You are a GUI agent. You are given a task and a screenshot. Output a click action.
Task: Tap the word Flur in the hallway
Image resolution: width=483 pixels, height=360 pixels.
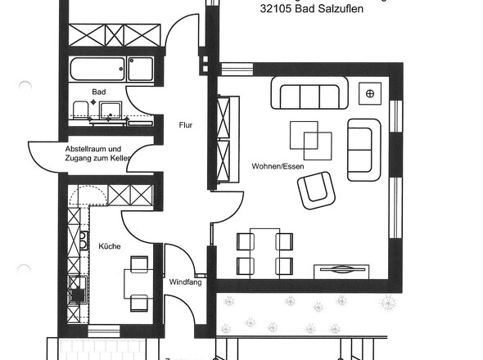[185, 125]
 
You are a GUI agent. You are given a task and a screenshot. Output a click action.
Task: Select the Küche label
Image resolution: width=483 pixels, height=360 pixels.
[110, 245]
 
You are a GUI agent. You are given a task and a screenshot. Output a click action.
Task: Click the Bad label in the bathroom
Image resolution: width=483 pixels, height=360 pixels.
[99, 92]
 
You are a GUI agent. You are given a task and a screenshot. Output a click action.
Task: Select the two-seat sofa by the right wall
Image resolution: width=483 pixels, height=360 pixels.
[364, 148]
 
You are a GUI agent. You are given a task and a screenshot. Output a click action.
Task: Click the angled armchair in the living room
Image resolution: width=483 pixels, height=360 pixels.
[316, 189]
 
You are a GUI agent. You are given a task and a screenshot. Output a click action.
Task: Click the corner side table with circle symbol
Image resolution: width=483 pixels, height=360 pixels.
[370, 93]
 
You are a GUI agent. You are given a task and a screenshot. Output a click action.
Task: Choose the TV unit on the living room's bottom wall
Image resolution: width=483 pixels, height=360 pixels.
[343, 269]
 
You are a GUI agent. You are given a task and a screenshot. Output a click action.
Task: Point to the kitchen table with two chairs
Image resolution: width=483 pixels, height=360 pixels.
[137, 284]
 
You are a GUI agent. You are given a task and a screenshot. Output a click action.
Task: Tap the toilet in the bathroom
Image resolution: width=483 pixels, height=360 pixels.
[80, 111]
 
